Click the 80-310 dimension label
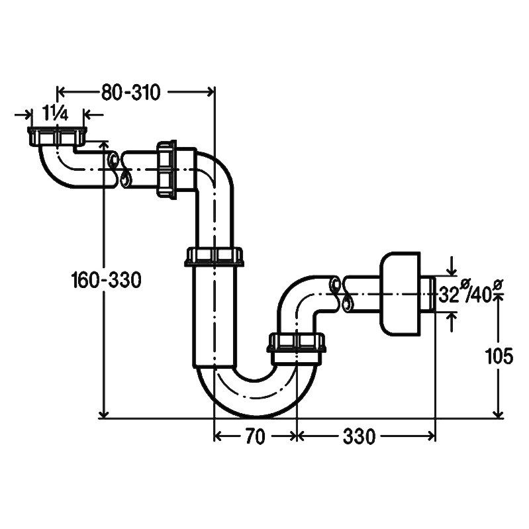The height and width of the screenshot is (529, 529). pos(131,93)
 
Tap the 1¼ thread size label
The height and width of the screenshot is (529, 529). pos(56,113)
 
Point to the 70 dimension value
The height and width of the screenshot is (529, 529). pos(256,436)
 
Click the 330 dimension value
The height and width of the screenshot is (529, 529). pos(359,436)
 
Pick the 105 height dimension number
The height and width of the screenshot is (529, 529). pos(499,356)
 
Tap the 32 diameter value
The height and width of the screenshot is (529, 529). pos(449,295)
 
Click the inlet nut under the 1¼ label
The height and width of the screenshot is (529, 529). pos(57,136)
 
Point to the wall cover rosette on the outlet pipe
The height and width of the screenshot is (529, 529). pos(401,293)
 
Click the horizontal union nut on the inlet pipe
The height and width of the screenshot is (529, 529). pos(167,169)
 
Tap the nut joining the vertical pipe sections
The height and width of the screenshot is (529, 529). pos(215,257)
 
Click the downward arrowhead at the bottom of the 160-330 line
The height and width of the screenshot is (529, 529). pos(105,414)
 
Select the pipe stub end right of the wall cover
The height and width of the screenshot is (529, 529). pos(428,293)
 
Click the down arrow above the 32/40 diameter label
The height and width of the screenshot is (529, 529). pos(452,271)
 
